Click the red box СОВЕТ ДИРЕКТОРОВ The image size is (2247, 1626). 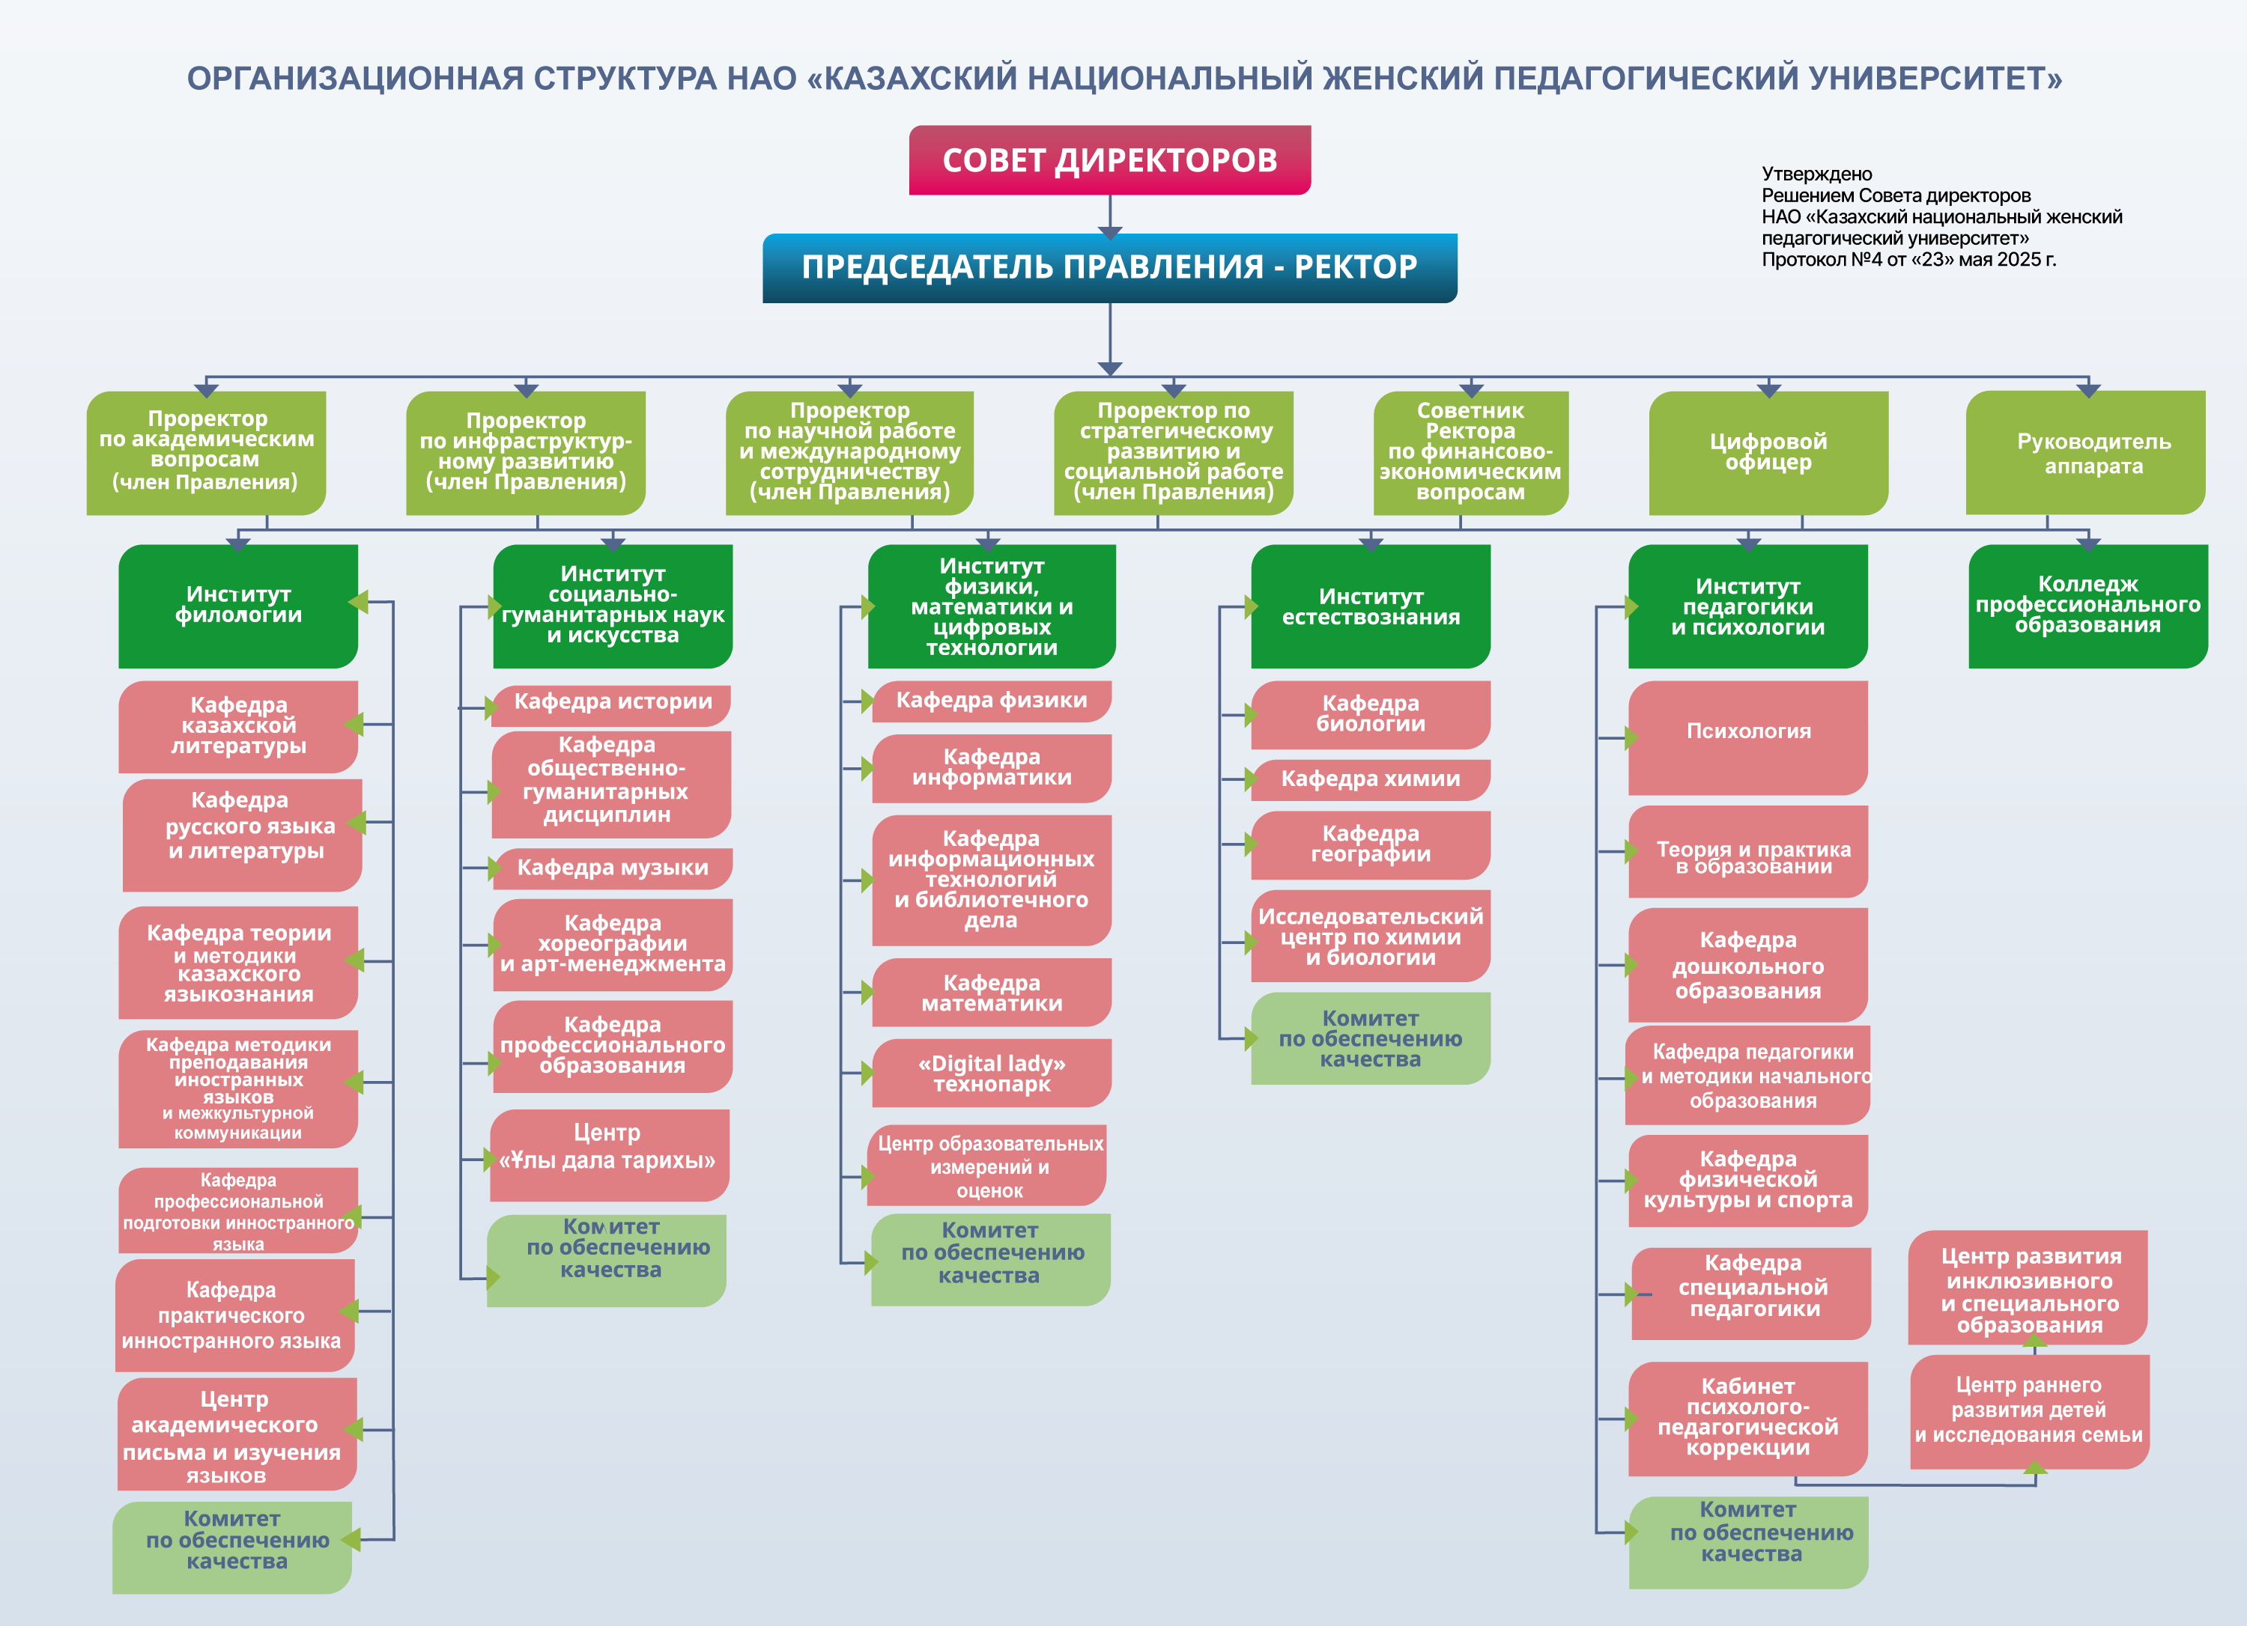1109,159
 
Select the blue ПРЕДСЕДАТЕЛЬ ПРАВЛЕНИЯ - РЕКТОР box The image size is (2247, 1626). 1109,267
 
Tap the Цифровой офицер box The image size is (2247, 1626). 1768,453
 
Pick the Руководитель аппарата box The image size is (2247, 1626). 2085,453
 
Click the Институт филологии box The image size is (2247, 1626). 237,606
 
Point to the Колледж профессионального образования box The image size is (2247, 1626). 2087,606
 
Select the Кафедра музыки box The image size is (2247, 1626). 612,868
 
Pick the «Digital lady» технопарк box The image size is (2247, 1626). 991,1073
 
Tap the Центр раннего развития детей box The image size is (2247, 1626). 2029,1411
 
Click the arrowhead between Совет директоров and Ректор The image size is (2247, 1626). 1109,233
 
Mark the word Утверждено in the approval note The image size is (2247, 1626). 1816,174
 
